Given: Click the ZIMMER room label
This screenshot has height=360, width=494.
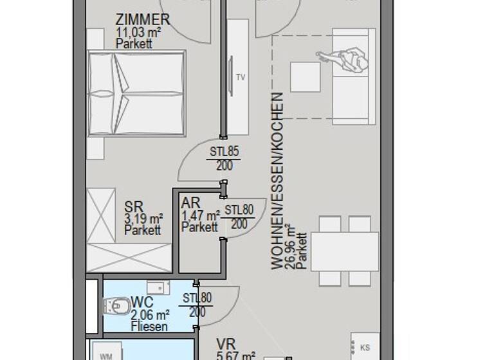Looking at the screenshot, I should (143, 19).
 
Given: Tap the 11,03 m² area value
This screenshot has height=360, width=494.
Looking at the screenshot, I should (134, 32).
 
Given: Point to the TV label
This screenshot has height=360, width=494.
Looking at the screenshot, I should (241, 78).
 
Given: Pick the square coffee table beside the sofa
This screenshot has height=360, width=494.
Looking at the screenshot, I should (305, 76).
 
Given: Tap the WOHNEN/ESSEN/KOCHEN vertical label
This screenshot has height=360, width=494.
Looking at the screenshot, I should (277, 180).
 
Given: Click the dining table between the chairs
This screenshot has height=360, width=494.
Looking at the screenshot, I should (345, 251).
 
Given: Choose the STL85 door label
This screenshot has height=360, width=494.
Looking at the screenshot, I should (224, 153).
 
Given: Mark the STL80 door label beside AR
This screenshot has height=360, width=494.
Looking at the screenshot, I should (239, 209).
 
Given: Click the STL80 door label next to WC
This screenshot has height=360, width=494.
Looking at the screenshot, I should (197, 298).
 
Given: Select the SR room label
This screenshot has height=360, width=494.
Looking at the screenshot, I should (134, 207).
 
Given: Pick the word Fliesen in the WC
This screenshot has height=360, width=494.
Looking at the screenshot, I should (149, 327).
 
